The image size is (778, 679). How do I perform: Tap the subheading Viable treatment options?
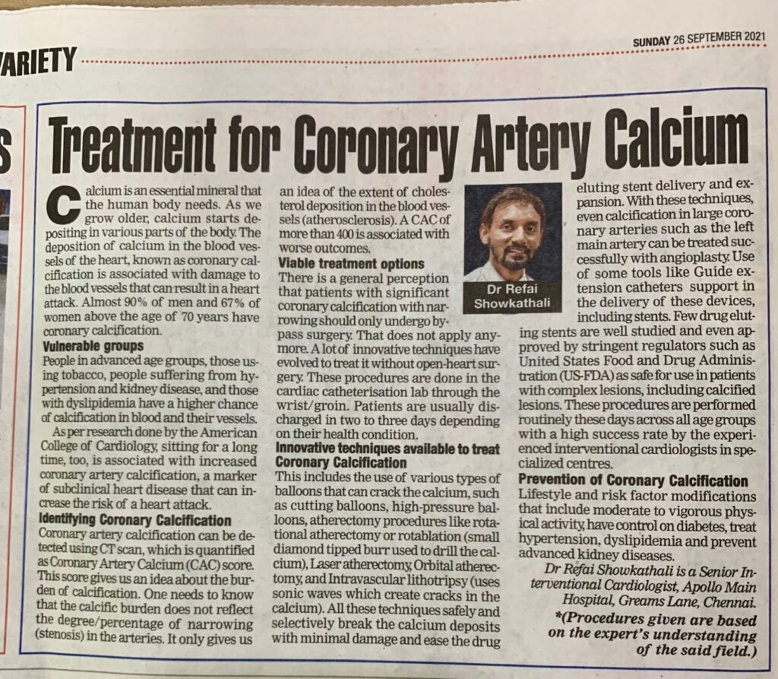(341, 264)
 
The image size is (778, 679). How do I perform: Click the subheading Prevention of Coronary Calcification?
(633, 481)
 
